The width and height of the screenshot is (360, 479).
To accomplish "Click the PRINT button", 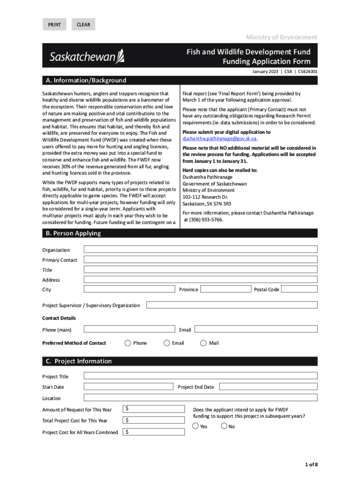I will tap(54, 24).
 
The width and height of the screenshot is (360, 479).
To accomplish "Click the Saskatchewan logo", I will tap(87, 57).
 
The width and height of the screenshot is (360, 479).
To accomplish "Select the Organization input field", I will tap(201, 249).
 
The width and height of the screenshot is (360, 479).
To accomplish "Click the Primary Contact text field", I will tap(201, 260).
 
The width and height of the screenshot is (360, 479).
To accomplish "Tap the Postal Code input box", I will tap(300, 289).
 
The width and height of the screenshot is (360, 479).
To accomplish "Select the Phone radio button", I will tap(128, 343).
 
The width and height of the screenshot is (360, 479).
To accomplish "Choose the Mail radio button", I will tap(203, 343).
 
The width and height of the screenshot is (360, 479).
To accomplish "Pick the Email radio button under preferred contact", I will tap(167, 343).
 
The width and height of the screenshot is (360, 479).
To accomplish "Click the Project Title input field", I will tap(201, 376).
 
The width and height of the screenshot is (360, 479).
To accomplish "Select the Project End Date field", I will tap(268, 387).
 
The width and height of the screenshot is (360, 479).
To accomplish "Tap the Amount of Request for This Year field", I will tap(151, 409).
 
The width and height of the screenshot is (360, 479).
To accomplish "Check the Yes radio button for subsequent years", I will tap(195, 426).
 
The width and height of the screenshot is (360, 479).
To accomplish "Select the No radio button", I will tap(224, 426).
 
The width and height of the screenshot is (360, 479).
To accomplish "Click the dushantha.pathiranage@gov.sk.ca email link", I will tap(220, 139).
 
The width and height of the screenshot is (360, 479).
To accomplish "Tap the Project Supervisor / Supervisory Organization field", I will tap(232, 305).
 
